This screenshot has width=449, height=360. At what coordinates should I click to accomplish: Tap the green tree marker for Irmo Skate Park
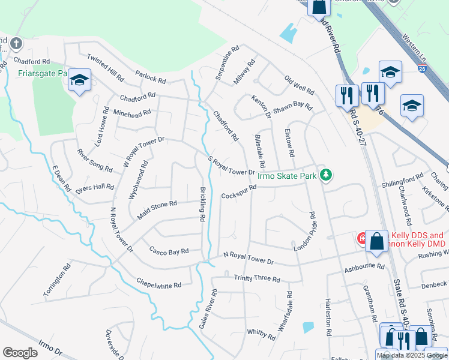(x=326, y=175)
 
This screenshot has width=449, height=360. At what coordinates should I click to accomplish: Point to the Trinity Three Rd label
(x=257, y=279)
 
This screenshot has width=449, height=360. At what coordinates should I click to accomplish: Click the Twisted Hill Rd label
(x=105, y=67)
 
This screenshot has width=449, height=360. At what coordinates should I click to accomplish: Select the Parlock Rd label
(x=150, y=79)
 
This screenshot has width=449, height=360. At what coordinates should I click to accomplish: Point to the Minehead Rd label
(x=131, y=112)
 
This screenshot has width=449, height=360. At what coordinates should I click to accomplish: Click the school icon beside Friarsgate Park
(x=79, y=80)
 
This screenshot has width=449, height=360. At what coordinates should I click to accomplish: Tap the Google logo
(x=20, y=352)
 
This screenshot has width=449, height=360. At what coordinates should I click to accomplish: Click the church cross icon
(x=16, y=43)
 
